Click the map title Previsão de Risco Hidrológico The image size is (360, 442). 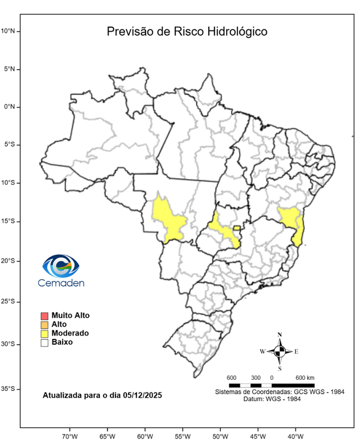point(187,32)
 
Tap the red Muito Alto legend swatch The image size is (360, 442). point(44,315)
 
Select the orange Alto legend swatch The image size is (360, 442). point(44,325)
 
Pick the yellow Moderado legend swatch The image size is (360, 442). point(44,333)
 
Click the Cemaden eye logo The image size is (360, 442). point(60,266)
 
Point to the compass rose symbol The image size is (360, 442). point(279,351)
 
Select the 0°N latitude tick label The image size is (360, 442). point(11,107)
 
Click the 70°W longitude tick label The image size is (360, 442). point(70,436)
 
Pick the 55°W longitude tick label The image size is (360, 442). point(182,436)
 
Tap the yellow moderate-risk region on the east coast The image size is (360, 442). point(292,222)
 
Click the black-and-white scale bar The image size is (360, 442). point(271,384)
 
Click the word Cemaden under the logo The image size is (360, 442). point(61,283)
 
